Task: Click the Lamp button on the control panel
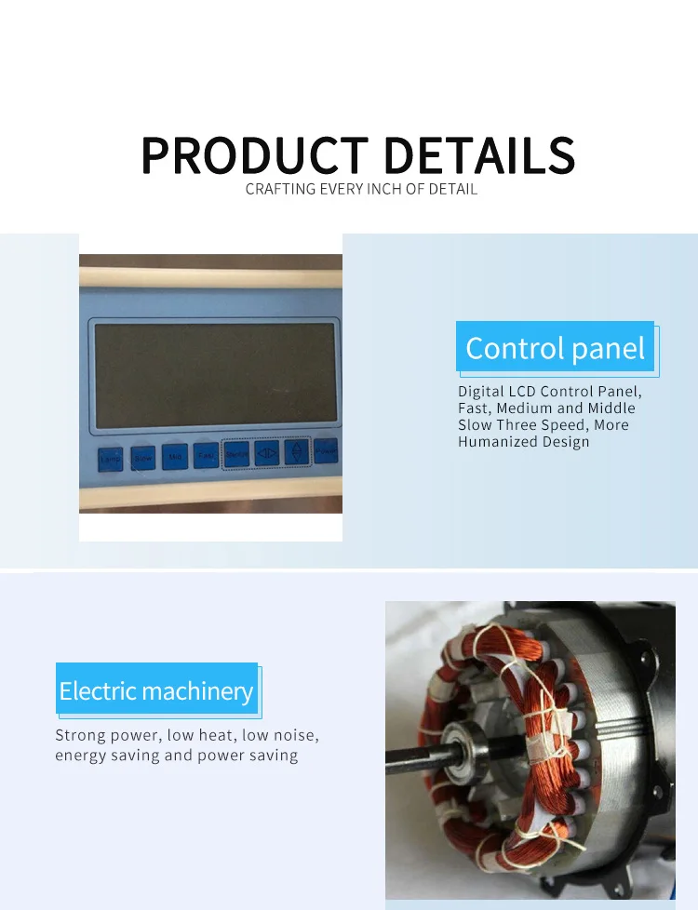[x=110, y=459]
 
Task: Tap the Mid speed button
[x=174, y=457]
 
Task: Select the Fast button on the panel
[x=205, y=455]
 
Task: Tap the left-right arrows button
[x=266, y=453]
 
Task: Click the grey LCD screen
[x=215, y=376]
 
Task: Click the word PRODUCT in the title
[x=254, y=155]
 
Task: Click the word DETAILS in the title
[x=479, y=155]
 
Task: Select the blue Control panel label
[x=555, y=348]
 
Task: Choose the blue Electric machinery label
[x=155, y=690]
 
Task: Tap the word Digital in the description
[x=482, y=391]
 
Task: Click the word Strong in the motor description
[x=80, y=735]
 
